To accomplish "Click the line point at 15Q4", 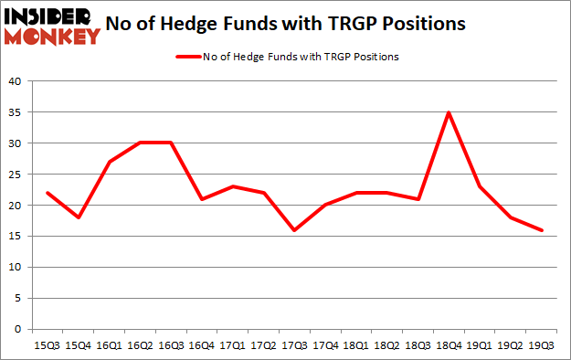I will click(79, 217).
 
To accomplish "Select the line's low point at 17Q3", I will click(294, 230).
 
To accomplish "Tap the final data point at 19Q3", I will click(542, 230).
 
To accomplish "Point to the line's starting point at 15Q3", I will click(47, 193).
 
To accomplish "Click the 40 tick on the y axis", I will click(18, 82).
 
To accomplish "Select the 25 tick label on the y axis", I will click(18, 175).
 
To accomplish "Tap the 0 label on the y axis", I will click(21, 329).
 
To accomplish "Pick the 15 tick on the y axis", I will click(18, 237).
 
